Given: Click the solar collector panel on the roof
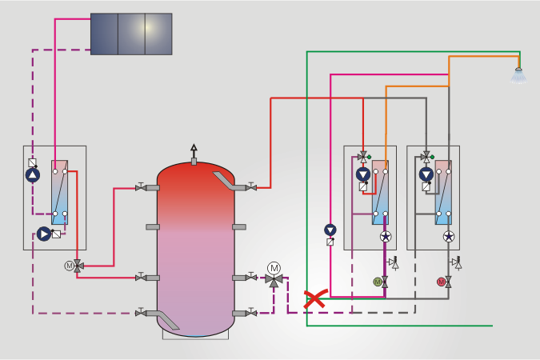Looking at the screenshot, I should tap(131, 34).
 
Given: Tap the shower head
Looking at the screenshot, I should tap(519, 76).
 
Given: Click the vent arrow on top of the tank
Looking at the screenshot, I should tap(193, 150).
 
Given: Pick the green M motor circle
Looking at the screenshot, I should tap(378, 282).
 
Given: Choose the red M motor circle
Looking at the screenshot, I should tap(441, 282).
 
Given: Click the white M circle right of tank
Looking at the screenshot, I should tap(274, 267).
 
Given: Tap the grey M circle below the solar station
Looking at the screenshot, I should tap(69, 266).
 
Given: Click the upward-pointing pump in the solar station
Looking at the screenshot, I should tap(32, 176).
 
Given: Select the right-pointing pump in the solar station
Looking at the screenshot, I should tap(43, 234).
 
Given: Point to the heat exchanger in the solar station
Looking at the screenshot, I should tap(59, 193).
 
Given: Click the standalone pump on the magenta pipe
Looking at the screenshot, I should tap(330, 230).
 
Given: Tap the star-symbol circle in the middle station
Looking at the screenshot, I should tap(385, 237).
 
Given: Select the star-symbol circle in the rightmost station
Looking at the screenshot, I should tap(449, 237).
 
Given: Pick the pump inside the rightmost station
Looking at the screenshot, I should tap(426, 174).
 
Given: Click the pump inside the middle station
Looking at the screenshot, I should tap(363, 174).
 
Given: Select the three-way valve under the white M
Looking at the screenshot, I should tap(274, 282).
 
